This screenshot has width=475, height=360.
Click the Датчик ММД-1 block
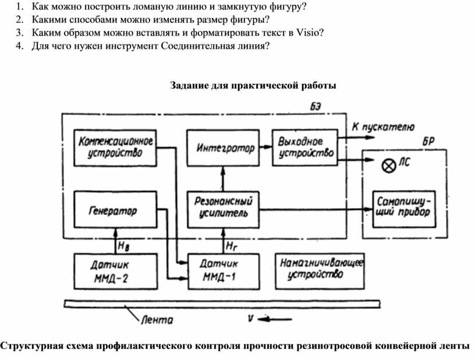pyautogui.click(x=223, y=270)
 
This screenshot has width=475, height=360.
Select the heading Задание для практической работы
pyautogui.click(x=253, y=85)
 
